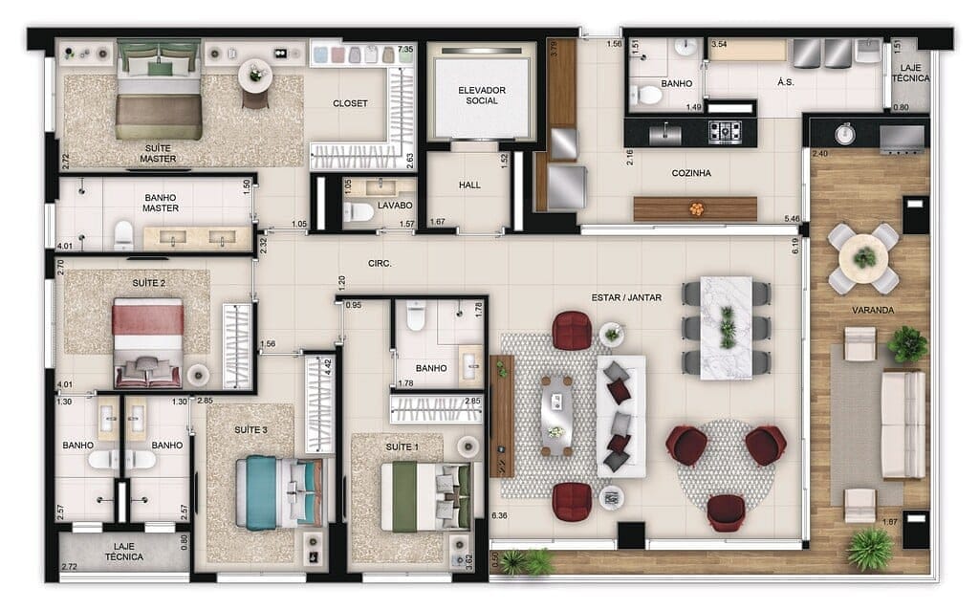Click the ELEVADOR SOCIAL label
pyautogui.click(x=481, y=96)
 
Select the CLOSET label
pyautogui.click(x=350, y=103)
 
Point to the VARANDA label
pyautogui.click(x=872, y=311)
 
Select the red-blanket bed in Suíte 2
pyautogui.click(x=148, y=341)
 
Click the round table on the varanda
pyautogui.click(x=864, y=258)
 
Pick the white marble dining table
pyautogui.click(x=727, y=326)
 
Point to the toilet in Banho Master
pyautogui.click(x=123, y=235)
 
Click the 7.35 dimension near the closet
pyautogui.click(x=405, y=49)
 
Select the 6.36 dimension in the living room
pyautogui.click(x=499, y=517)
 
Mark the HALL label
pyautogui.click(x=469, y=185)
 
